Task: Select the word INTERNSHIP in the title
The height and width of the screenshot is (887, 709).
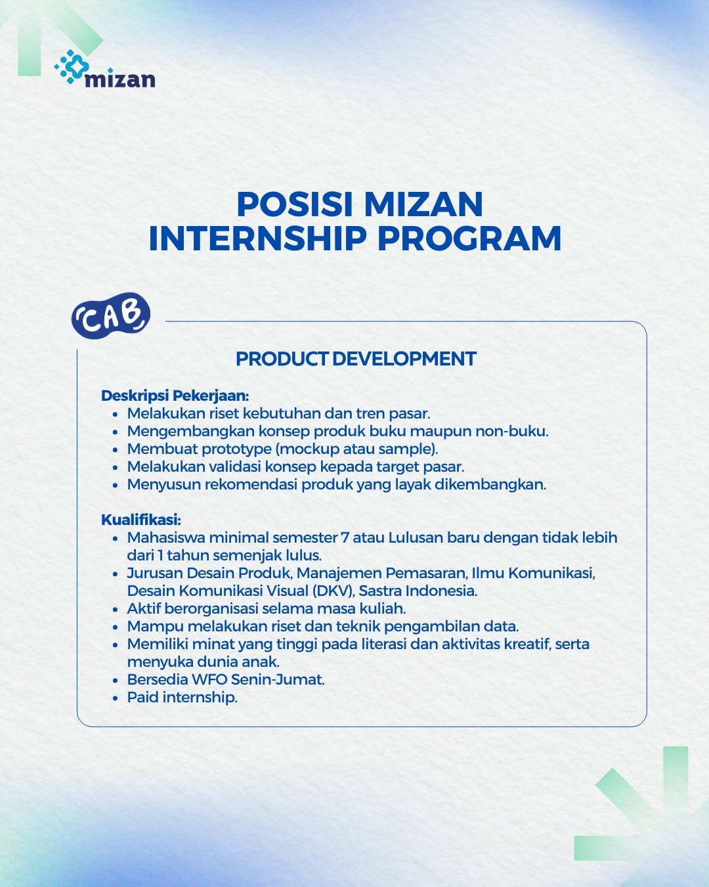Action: [258, 239]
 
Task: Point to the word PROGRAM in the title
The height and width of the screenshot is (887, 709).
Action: [469, 239]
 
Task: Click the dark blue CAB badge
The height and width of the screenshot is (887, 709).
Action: [111, 316]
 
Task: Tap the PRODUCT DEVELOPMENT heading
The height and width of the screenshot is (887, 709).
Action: [356, 359]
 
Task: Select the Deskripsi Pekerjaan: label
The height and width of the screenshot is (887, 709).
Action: [175, 396]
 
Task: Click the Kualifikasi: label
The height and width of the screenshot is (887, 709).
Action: [141, 520]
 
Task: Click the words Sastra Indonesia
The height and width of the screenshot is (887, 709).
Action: [418, 591]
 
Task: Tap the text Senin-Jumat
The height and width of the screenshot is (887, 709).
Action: [278, 679]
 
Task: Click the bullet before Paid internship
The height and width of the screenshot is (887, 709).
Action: [116, 698]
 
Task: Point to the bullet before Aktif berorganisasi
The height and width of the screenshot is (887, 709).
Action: [116, 609]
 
